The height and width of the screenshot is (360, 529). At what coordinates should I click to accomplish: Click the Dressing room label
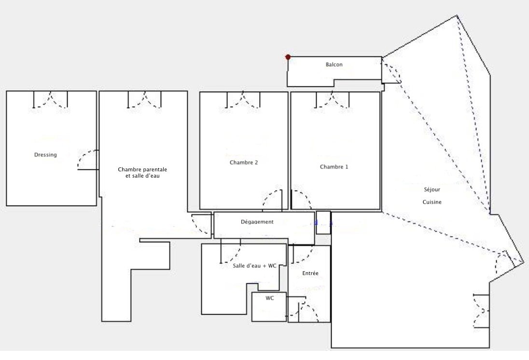point(45,155)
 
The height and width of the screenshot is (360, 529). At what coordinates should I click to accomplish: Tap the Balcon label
point(334,65)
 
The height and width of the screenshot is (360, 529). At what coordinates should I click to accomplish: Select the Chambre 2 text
point(244,162)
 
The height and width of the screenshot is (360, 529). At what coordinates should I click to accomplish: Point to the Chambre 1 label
point(334,166)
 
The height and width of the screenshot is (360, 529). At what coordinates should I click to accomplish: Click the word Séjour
point(432,189)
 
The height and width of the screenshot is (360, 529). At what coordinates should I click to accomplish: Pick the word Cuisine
point(432,202)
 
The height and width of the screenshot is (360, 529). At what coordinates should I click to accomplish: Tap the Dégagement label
point(257,222)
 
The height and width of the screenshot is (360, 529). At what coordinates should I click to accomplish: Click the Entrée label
point(310,273)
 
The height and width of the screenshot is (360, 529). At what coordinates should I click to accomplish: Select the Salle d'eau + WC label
point(254,266)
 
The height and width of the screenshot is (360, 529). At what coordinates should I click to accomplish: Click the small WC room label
point(269,298)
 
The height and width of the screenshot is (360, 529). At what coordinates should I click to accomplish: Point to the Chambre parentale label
point(142,169)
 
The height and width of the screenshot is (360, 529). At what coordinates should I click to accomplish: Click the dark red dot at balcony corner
point(288,57)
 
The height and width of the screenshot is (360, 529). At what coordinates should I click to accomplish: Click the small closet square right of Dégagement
point(323,222)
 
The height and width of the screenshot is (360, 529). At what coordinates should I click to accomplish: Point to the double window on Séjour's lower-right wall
point(482,311)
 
